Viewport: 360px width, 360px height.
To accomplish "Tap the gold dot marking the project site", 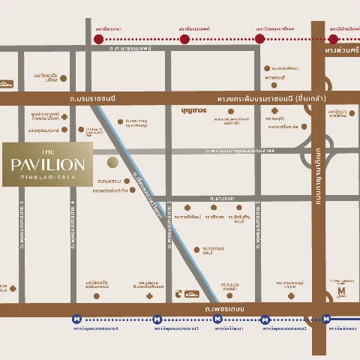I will point(112,162).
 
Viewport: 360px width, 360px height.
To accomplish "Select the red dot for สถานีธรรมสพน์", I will point(184,38).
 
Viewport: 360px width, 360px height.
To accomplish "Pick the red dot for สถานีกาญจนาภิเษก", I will point(259,38).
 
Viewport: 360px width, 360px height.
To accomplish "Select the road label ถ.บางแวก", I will point(223,198).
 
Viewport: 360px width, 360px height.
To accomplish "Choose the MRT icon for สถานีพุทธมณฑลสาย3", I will point(157,319).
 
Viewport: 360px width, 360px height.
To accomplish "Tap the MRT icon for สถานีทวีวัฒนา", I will point(217,319).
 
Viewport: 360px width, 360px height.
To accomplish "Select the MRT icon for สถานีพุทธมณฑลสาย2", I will point(265,319).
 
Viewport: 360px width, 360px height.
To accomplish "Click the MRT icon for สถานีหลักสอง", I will point(328,319).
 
